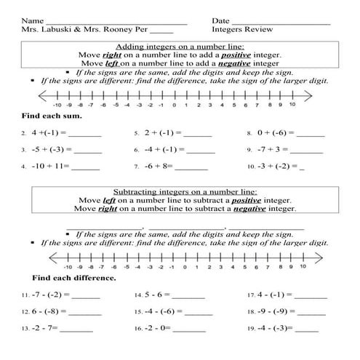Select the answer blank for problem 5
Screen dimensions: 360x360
click(198, 135)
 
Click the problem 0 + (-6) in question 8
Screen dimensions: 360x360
click(276, 134)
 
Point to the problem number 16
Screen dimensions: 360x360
click(137, 329)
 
